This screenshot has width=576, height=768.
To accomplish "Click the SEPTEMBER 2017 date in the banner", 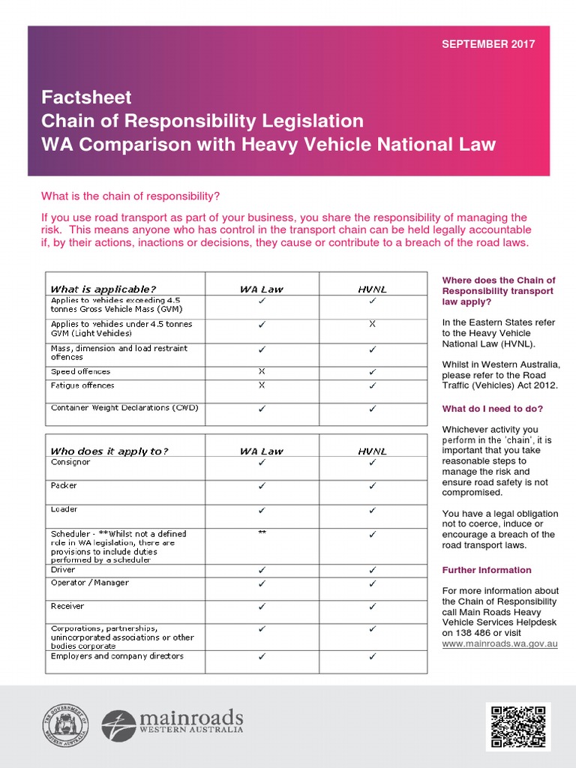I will [x=488, y=44].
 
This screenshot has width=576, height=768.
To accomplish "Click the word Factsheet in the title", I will [x=86, y=97].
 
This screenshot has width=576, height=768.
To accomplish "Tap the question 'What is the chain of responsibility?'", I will [x=130, y=196].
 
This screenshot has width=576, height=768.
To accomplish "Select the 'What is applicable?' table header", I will [x=103, y=289].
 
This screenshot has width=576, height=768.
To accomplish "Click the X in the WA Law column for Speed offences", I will [x=262, y=371].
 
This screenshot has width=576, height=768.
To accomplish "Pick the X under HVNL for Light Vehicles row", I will [x=373, y=324].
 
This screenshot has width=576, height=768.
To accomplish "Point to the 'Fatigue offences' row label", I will [x=82, y=385].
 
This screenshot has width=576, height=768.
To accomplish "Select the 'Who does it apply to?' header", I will [x=109, y=451].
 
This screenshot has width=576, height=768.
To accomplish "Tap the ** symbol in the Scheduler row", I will [x=262, y=532].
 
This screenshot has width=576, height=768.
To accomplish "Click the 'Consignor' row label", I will [x=70, y=462].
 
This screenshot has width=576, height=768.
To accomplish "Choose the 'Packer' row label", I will [x=64, y=485].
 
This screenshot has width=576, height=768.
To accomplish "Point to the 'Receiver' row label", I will [x=67, y=606].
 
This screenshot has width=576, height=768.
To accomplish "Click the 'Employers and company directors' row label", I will [x=117, y=656].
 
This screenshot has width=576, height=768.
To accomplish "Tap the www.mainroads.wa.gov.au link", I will [x=499, y=643].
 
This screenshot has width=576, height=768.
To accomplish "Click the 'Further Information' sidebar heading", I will [x=487, y=570].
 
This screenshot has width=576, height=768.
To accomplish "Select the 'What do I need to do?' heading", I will [x=493, y=409].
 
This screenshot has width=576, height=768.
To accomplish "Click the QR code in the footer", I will [x=517, y=726].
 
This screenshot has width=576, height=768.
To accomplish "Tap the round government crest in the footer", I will [x=65, y=726].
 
